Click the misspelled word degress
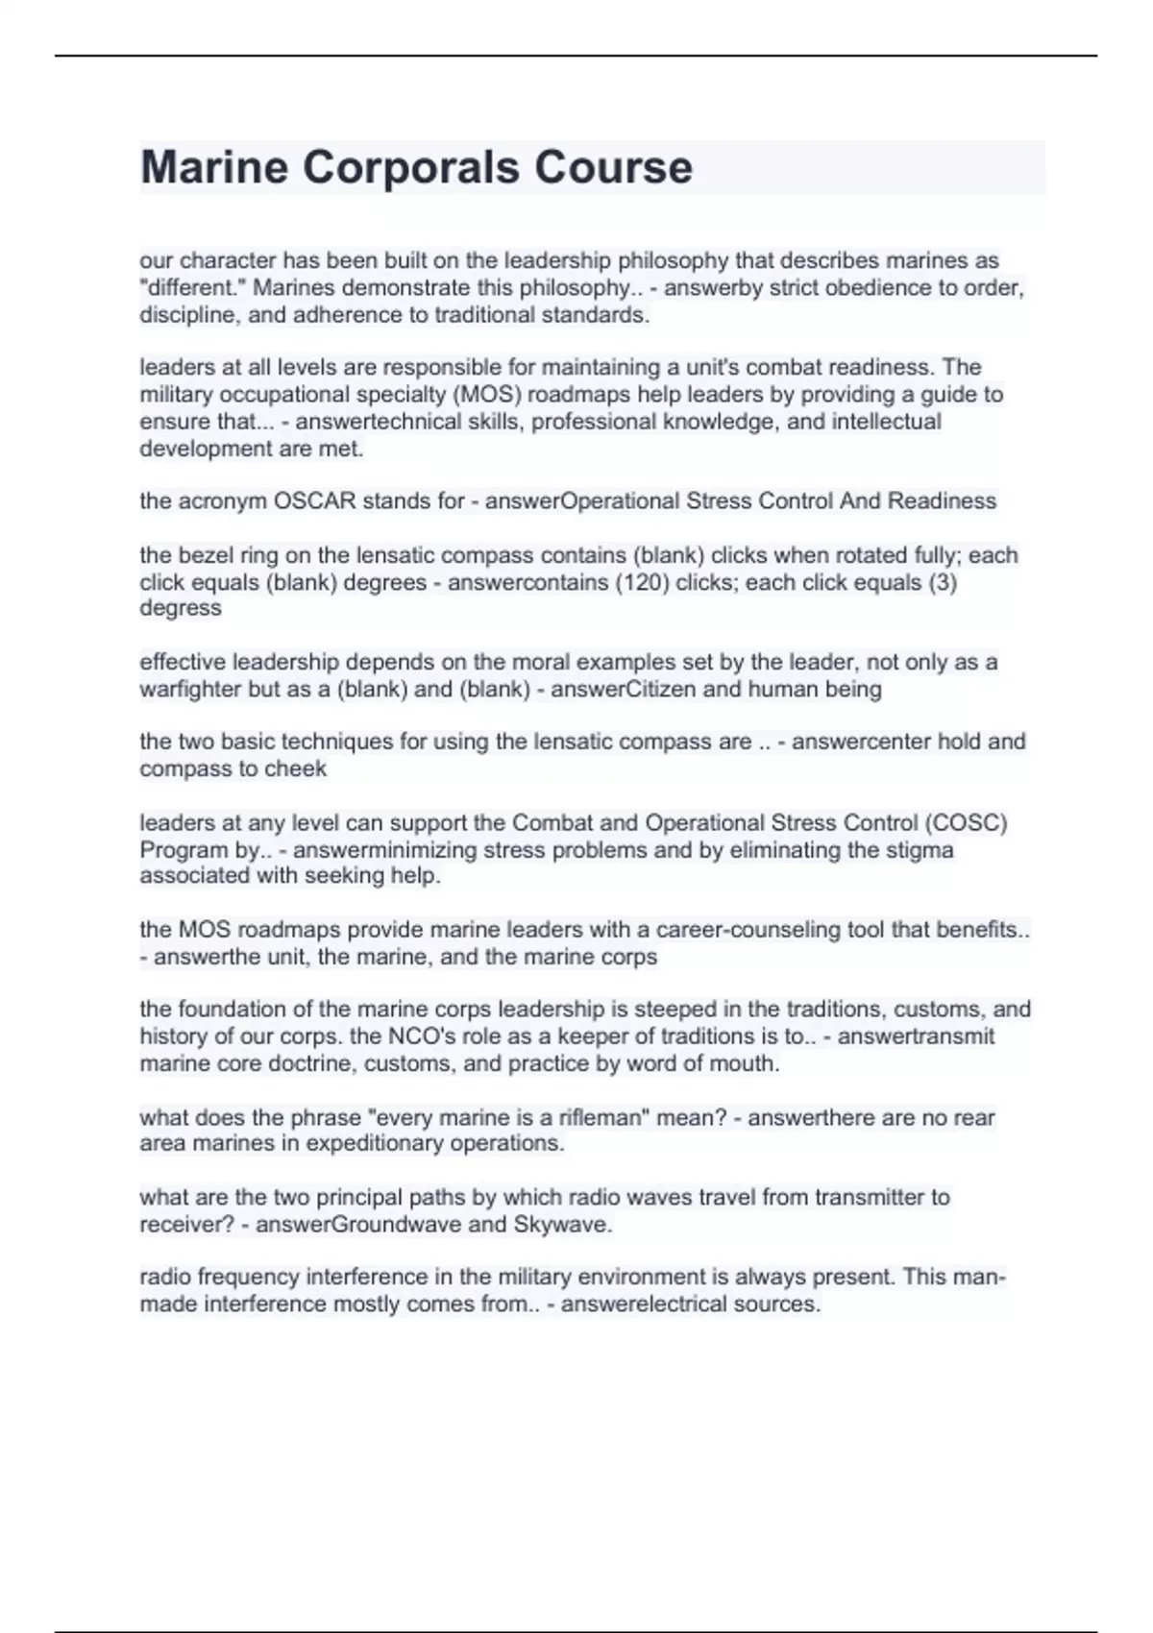click(181, 608)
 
